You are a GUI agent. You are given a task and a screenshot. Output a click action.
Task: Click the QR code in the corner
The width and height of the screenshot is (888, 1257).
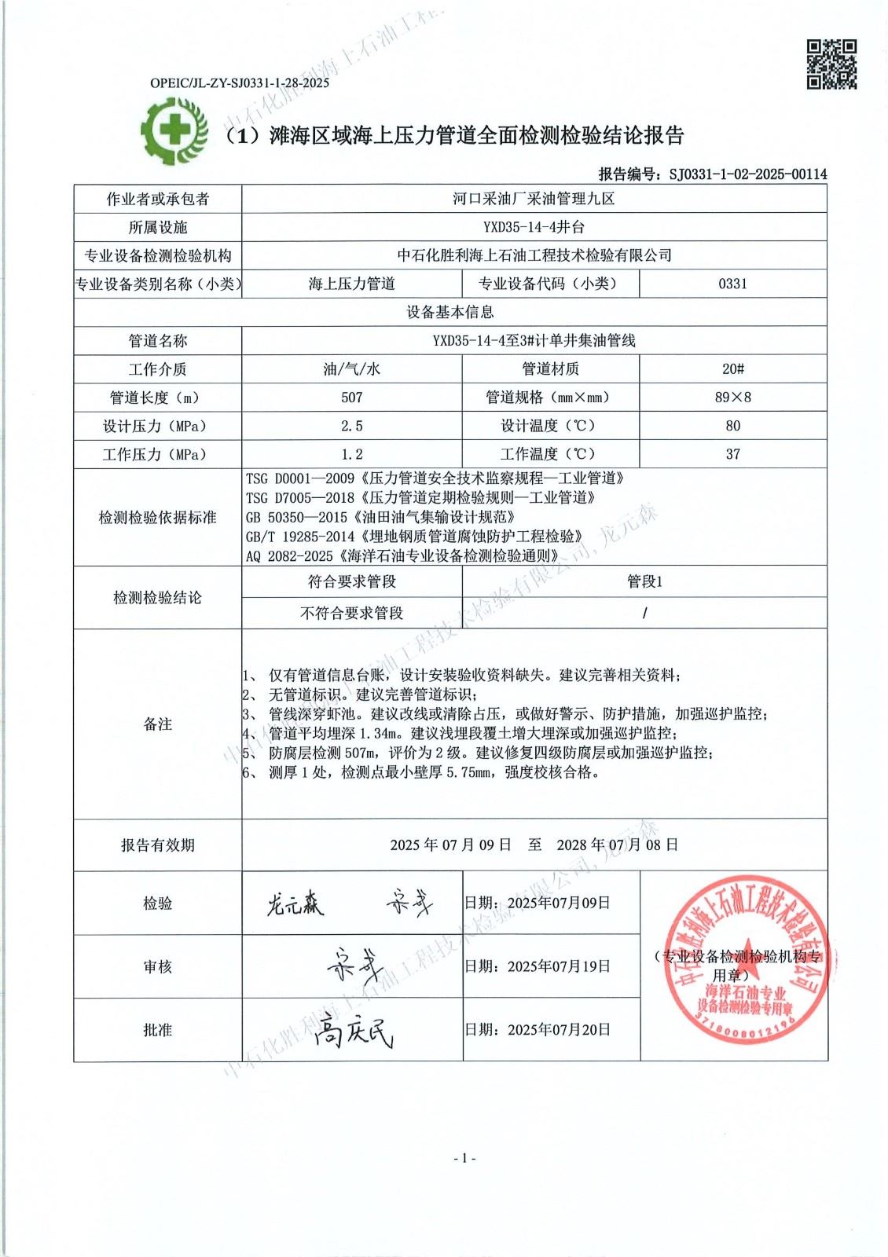[x=831, y=64]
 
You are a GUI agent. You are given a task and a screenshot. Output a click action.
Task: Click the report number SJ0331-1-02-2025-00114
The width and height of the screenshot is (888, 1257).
[x=747, y=174]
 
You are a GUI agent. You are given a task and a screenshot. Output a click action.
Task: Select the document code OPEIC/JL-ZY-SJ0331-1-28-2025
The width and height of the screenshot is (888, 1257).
[x=239, y=82]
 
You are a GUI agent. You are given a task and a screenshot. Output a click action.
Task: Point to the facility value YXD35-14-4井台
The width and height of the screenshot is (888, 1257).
[x=534, y=227]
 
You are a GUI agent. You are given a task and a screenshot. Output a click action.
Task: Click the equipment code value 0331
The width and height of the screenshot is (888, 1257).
[x=732, y=284]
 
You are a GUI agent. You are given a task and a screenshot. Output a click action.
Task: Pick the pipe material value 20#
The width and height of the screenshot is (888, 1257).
[x=732, y=368]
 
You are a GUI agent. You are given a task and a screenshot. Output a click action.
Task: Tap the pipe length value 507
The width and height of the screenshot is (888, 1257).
[x=351, y=398]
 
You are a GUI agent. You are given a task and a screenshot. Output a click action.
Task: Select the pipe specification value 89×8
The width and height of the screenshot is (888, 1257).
[x=732, y=398]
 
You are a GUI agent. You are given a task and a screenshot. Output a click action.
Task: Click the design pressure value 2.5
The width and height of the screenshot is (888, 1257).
[x=351, y=426]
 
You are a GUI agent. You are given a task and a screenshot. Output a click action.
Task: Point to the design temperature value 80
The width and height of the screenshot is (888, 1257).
[x=732, y=426]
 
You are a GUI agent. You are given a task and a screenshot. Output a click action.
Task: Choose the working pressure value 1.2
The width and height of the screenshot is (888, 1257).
[x=351, y=454]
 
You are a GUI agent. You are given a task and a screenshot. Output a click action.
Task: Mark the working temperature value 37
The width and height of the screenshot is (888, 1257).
[x=732, y=454]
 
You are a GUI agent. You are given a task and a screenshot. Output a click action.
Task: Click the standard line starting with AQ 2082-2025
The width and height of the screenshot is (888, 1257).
[x=402, y=555]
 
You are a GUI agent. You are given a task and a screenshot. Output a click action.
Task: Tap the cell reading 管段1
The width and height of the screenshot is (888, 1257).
[x=644, y=581]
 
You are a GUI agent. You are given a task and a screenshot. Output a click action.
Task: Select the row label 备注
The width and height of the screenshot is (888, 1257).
[x=157, y=724]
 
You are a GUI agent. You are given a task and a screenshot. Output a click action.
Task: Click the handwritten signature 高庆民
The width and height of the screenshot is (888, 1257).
[x=353, y=1032]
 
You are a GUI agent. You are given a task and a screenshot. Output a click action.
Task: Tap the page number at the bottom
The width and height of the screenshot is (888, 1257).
[x=464, y=1157]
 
